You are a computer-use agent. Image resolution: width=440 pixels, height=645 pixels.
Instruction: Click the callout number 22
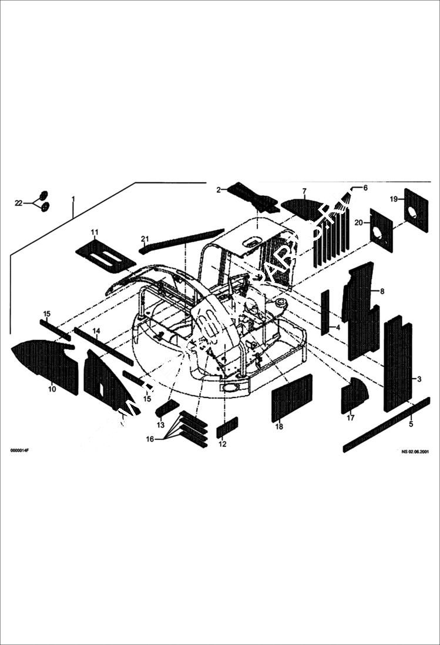coord(18,203)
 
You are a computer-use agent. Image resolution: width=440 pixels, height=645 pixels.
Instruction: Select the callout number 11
coord(94,232)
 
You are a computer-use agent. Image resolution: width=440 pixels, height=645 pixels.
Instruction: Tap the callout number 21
coord(145,238)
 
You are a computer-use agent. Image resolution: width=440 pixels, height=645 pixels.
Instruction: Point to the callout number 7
coord(304,192)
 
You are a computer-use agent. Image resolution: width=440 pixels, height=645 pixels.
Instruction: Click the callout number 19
coord(394,199)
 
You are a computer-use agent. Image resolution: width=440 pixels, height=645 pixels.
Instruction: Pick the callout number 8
coord(382,291)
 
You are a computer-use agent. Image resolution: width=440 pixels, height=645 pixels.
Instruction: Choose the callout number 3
coord(419,379)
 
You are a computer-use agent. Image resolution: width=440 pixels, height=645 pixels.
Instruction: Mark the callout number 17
coord(351,418)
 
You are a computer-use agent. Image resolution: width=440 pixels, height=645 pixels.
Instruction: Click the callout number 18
coord(279,427)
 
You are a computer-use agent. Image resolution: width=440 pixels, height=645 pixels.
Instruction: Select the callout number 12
coord(222,444)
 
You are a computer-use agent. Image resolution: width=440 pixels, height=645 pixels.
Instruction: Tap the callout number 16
coord(150,439)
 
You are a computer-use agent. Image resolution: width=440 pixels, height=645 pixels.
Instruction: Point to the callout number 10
coord(52,389)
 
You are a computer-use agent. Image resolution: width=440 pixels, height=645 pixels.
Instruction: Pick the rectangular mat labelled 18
coord(292,397)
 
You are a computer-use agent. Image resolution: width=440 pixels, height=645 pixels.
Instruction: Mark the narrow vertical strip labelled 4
coord(325,312)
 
